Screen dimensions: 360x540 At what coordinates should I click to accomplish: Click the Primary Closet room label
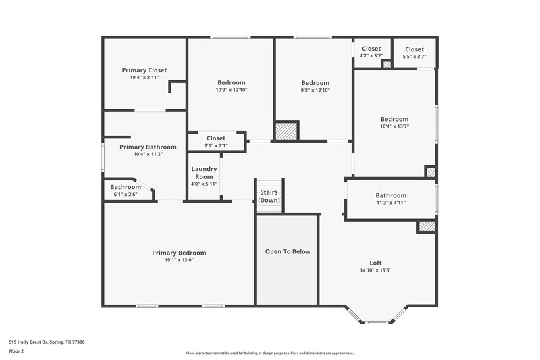[x=144, y=70]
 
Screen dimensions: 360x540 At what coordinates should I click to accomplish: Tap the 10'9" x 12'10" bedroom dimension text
[x=231, y=90]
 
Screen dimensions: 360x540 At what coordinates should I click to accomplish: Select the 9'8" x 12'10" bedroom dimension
[x=315, y=90]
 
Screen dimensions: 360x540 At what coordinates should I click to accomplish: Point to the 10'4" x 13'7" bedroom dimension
[x=394, y=126]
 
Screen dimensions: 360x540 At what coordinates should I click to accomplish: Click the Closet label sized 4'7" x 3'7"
[x=371, y=49]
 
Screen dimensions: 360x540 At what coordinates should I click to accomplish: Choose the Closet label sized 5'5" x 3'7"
[x=414, y=49]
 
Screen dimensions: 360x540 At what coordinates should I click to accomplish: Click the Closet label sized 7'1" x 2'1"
[x=216, y=138]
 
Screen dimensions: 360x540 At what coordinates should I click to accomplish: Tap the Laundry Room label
[x=203, y=172]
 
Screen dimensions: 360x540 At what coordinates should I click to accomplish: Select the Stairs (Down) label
[x=269, y=196]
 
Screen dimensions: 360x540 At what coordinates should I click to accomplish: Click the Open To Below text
[x=288, y=251]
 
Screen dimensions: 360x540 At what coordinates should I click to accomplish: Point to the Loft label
[x=375, y=263]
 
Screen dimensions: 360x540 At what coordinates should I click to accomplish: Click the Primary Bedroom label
[x=179, y=253]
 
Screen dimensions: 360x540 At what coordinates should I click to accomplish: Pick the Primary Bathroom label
[x=148, y=147]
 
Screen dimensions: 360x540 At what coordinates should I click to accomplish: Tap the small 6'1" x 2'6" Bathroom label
[x=126, y=187]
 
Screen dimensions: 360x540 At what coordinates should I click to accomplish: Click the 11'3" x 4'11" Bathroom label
[x=391, y=195]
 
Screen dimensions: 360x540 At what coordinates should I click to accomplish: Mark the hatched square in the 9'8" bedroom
[x=286, y=130]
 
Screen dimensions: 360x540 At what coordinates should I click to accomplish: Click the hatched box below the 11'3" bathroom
[x=427, y=227]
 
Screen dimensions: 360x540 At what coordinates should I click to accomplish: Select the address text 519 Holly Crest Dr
[x=47, y=342]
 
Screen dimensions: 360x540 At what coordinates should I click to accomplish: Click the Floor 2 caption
[x=17, y=351]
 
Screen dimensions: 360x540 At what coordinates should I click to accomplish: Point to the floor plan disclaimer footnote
[x=269, y=353]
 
